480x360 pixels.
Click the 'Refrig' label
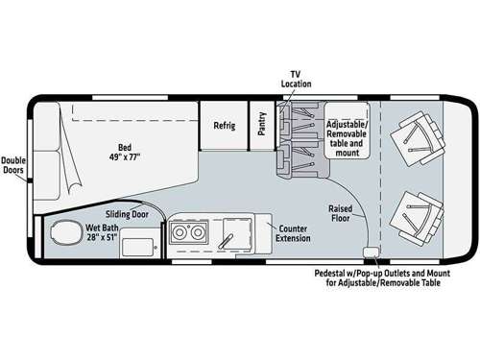pos(224,125)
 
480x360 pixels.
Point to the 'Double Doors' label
pos(13,166)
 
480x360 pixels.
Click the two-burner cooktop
pos(183,232)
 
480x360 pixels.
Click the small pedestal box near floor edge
pos(369,252)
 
